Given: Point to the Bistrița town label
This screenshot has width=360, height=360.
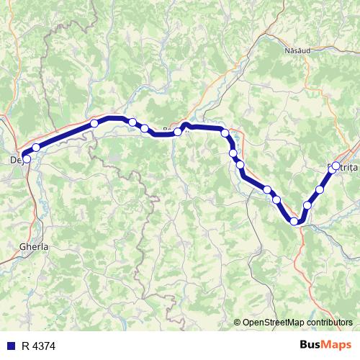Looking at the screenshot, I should point(341,167).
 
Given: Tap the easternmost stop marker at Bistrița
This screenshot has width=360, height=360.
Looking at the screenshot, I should point(336,166).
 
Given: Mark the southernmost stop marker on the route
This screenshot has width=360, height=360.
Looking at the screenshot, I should point(294,221).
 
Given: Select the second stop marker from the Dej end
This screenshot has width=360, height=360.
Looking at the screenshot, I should point(36,148).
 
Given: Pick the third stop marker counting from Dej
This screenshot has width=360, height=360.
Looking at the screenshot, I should point(94,124).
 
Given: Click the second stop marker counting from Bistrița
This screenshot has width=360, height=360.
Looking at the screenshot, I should point(320,189).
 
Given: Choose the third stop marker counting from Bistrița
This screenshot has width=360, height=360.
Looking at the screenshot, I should point(307,205).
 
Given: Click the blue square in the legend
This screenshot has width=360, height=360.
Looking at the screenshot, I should point(10,346).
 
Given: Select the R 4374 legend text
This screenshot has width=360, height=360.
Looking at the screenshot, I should point(39,346).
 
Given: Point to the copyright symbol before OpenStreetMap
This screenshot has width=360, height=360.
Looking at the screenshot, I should point(238,322).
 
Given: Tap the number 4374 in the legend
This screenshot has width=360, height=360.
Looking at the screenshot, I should point(45,346).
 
